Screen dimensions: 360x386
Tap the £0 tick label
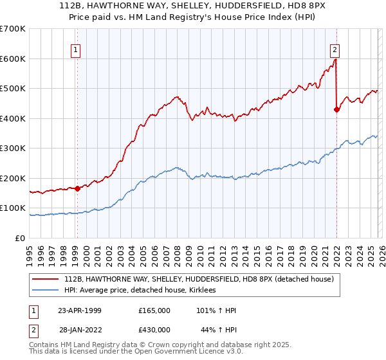(20, 238)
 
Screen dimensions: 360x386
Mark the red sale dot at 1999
(77, 188)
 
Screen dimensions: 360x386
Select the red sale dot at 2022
(336, 109)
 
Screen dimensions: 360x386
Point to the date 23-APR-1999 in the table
(80, 310)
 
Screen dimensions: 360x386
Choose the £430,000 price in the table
(154, 330)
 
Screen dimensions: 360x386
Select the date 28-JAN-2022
(80, 330)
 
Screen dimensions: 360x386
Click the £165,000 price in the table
(154, 310)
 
